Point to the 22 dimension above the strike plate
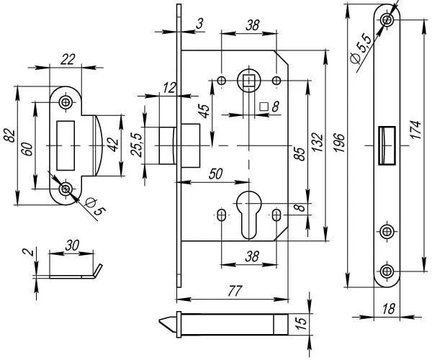click(68, 60)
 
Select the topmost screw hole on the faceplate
click(387, 17)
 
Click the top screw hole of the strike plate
click(67, 102)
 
